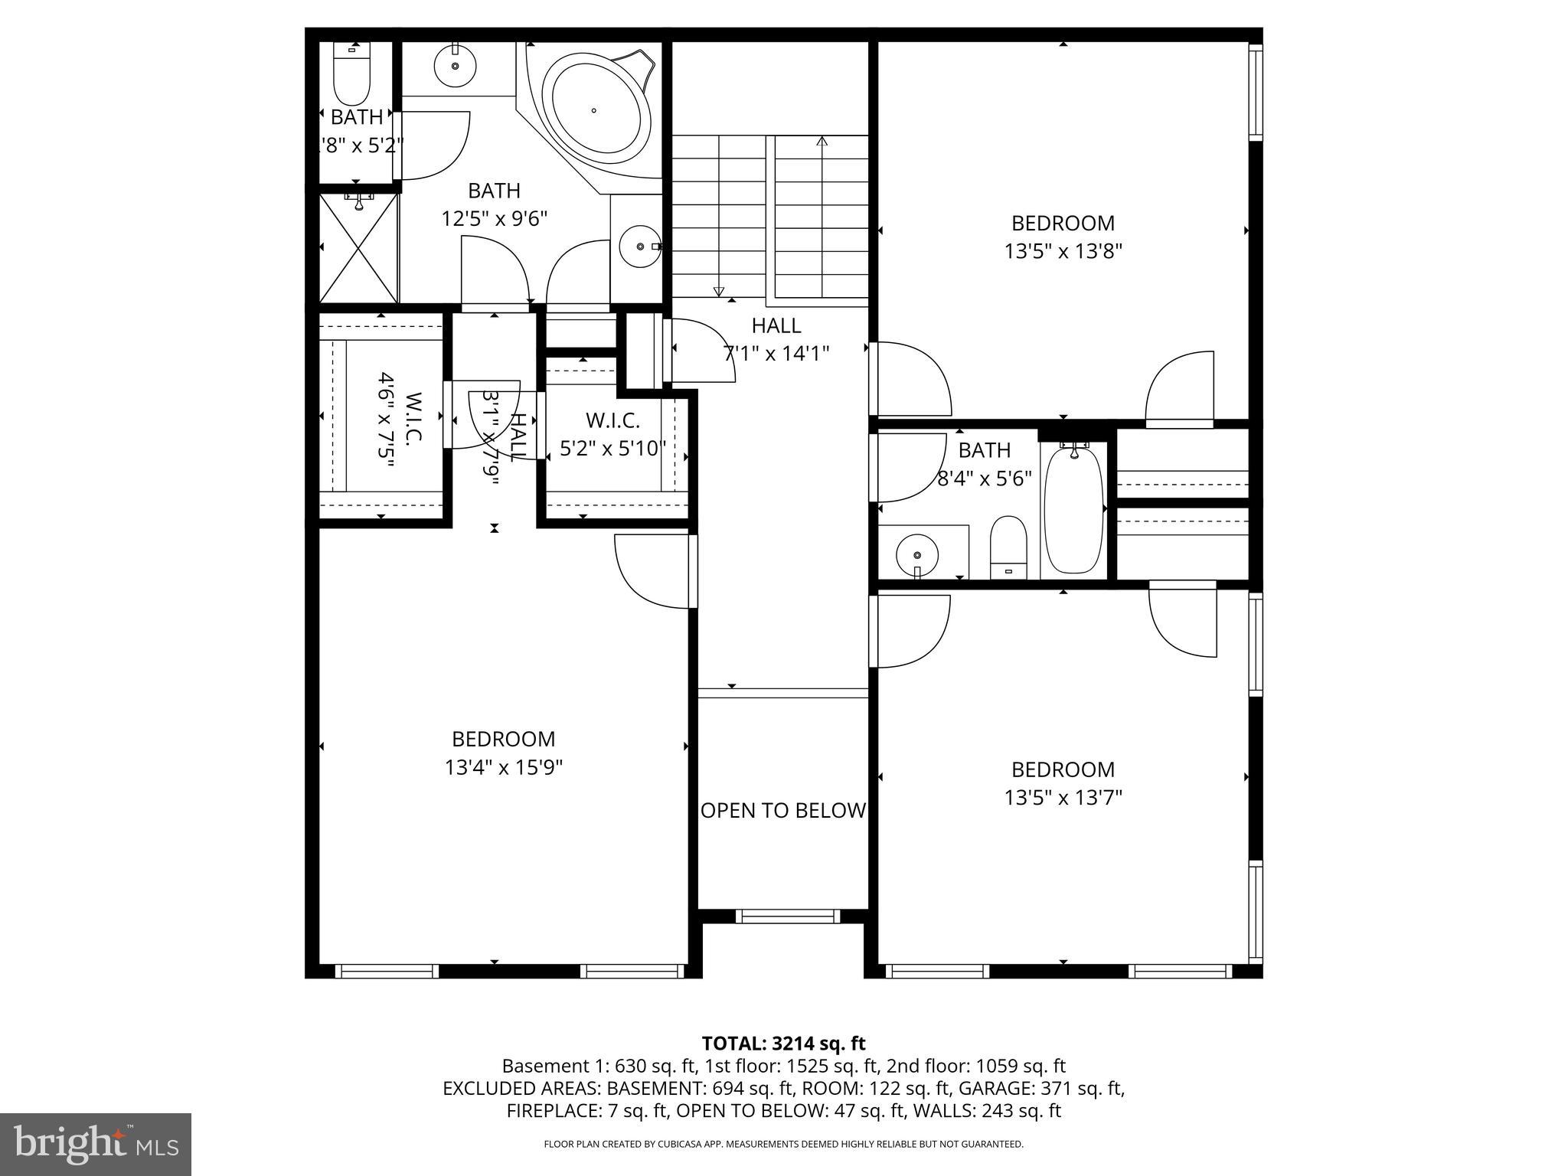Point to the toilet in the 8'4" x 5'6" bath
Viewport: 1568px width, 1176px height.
1008,545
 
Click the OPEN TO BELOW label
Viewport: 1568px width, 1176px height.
783,810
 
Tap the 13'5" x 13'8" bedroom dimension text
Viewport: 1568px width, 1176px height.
1063,251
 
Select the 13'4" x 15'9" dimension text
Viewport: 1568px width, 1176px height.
504,767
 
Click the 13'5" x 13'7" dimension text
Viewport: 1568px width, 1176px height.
1063,798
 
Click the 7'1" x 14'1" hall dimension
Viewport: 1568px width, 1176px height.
776,353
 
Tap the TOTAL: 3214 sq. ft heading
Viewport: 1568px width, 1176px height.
783,1043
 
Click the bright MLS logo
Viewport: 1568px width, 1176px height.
96,1144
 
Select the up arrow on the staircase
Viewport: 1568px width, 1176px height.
822,142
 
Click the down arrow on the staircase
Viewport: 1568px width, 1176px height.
718,290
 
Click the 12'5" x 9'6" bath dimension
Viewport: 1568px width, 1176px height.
495,219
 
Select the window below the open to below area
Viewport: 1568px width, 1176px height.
787,916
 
